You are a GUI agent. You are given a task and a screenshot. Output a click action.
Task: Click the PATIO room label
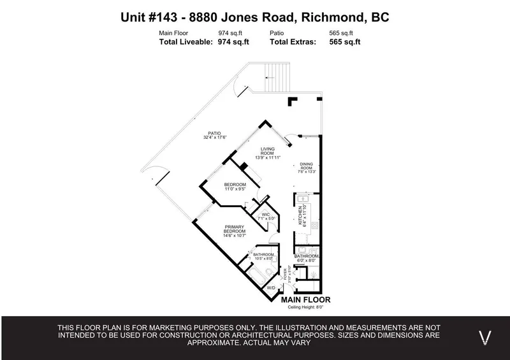205,133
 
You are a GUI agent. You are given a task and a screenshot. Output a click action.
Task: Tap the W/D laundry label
271,287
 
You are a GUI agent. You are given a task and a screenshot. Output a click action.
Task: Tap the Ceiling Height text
306,308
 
